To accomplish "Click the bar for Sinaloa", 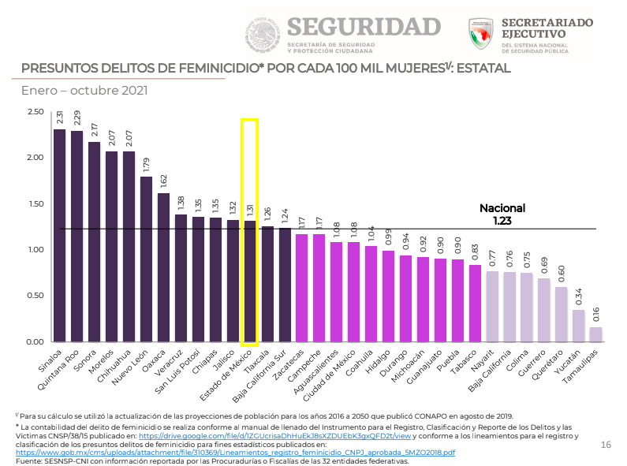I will pos(59,237).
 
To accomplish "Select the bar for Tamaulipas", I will pos(595,335).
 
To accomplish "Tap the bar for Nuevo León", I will pos(146,260).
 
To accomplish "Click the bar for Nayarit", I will pos(492,307).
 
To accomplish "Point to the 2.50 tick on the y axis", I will pos(35,112).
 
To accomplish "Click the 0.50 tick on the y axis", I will pos(35,296).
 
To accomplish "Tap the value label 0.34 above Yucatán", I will pos(579,297).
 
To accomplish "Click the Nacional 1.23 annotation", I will pos(502,215).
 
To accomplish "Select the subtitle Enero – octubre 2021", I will pos(84,91).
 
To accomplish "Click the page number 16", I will pos(606,445).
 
